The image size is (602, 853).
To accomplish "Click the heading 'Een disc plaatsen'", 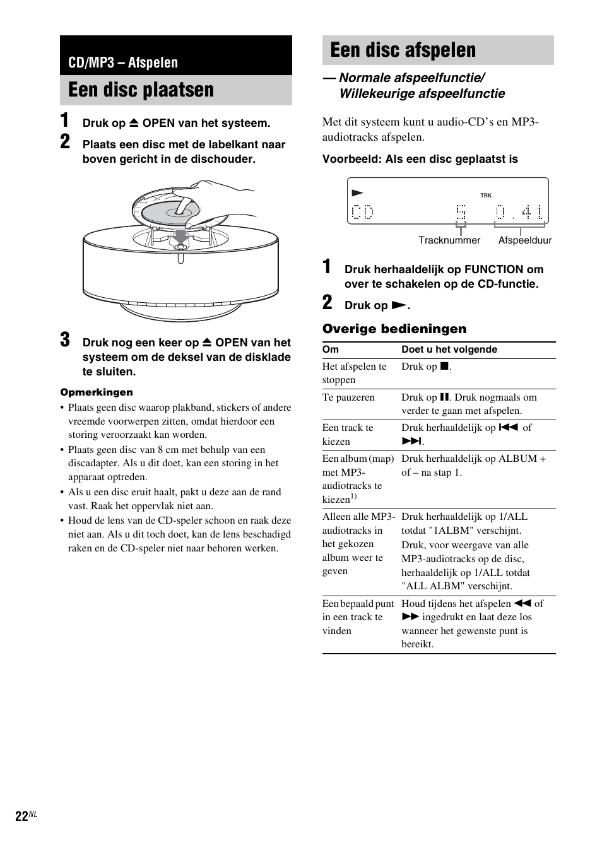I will (x=141, y=90).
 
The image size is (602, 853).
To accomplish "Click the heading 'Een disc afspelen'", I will (x=403, y=50).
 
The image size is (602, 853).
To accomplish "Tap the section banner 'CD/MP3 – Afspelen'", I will (x=123, y=62).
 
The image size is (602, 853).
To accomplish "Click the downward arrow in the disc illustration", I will (x=181, y=236).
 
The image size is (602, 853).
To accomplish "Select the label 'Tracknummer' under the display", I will (x=449, y=240).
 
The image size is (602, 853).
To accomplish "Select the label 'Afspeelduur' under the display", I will (x=524, y=240).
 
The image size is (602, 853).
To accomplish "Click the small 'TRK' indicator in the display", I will (x=485, y=196).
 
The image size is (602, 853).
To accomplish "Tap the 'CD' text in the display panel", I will (x=362, y=212).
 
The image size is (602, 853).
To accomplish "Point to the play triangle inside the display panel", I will (x=358, y=192).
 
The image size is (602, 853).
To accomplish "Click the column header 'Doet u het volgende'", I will (x=449, y=350).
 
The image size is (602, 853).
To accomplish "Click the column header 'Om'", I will (x=330, y=350).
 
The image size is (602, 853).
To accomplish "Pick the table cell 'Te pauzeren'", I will (x=348, y=397).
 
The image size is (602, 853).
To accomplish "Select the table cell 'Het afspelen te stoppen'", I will (x=354, y=373).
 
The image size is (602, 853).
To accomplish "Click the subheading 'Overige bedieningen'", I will (x=394, y=329).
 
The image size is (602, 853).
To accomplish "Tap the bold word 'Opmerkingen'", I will (x=97, y=392).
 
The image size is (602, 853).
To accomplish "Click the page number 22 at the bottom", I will (x=21, y=816).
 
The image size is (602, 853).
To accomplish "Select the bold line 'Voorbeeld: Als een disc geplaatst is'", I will (x=420, y=160).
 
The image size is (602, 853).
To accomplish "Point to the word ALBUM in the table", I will (x=517, y=459).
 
